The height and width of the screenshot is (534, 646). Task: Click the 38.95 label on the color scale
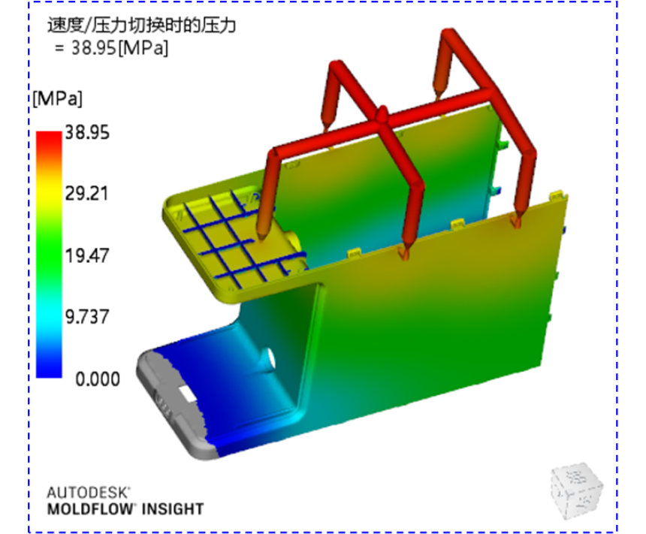[87, 133]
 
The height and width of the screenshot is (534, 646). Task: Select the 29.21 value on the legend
[87, 193]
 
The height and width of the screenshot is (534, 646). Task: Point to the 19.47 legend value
[87, 255]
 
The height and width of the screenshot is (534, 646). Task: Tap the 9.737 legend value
[87, 317]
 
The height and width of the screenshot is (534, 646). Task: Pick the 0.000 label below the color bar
[98, 379]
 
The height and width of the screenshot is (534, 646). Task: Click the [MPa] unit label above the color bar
[58, 99]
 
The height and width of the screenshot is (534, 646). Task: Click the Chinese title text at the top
[141, 25]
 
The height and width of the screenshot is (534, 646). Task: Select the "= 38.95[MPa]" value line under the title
[112, 48]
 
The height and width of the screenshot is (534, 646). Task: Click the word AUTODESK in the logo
[88, 493]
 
